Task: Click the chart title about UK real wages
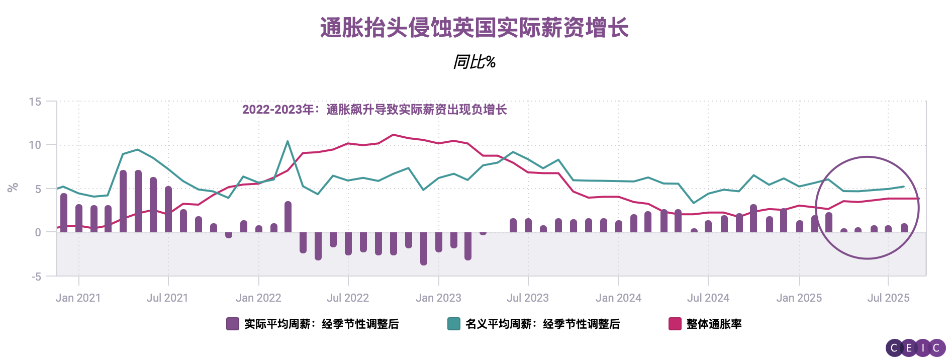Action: [x=474, y=28]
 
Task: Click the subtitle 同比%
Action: [x=474, y=62]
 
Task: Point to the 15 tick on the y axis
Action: [x=35, y=102]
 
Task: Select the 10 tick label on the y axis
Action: [x=35, y=145]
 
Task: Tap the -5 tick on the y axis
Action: [x=36, y=277]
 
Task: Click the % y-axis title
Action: [x=13, y=188]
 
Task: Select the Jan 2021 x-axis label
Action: [x=78, y=298]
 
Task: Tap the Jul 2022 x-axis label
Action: [x=348, y=298]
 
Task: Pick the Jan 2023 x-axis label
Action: [x=438, y=298]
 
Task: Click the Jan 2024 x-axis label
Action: [x=618, y=298]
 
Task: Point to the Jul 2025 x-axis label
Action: [x=888, y=298]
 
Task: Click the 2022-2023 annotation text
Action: [x=374, y=110]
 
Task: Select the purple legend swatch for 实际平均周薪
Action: [x=232, y=324]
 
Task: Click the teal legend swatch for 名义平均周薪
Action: [x=453, y=324]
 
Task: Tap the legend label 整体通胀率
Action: [x=714, y=324]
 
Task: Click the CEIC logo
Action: [x=915, y=347]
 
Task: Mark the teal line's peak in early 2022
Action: [x=288, y=141]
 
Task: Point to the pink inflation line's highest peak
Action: [x=393, y=135]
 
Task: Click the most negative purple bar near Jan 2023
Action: [x=424, y=249]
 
